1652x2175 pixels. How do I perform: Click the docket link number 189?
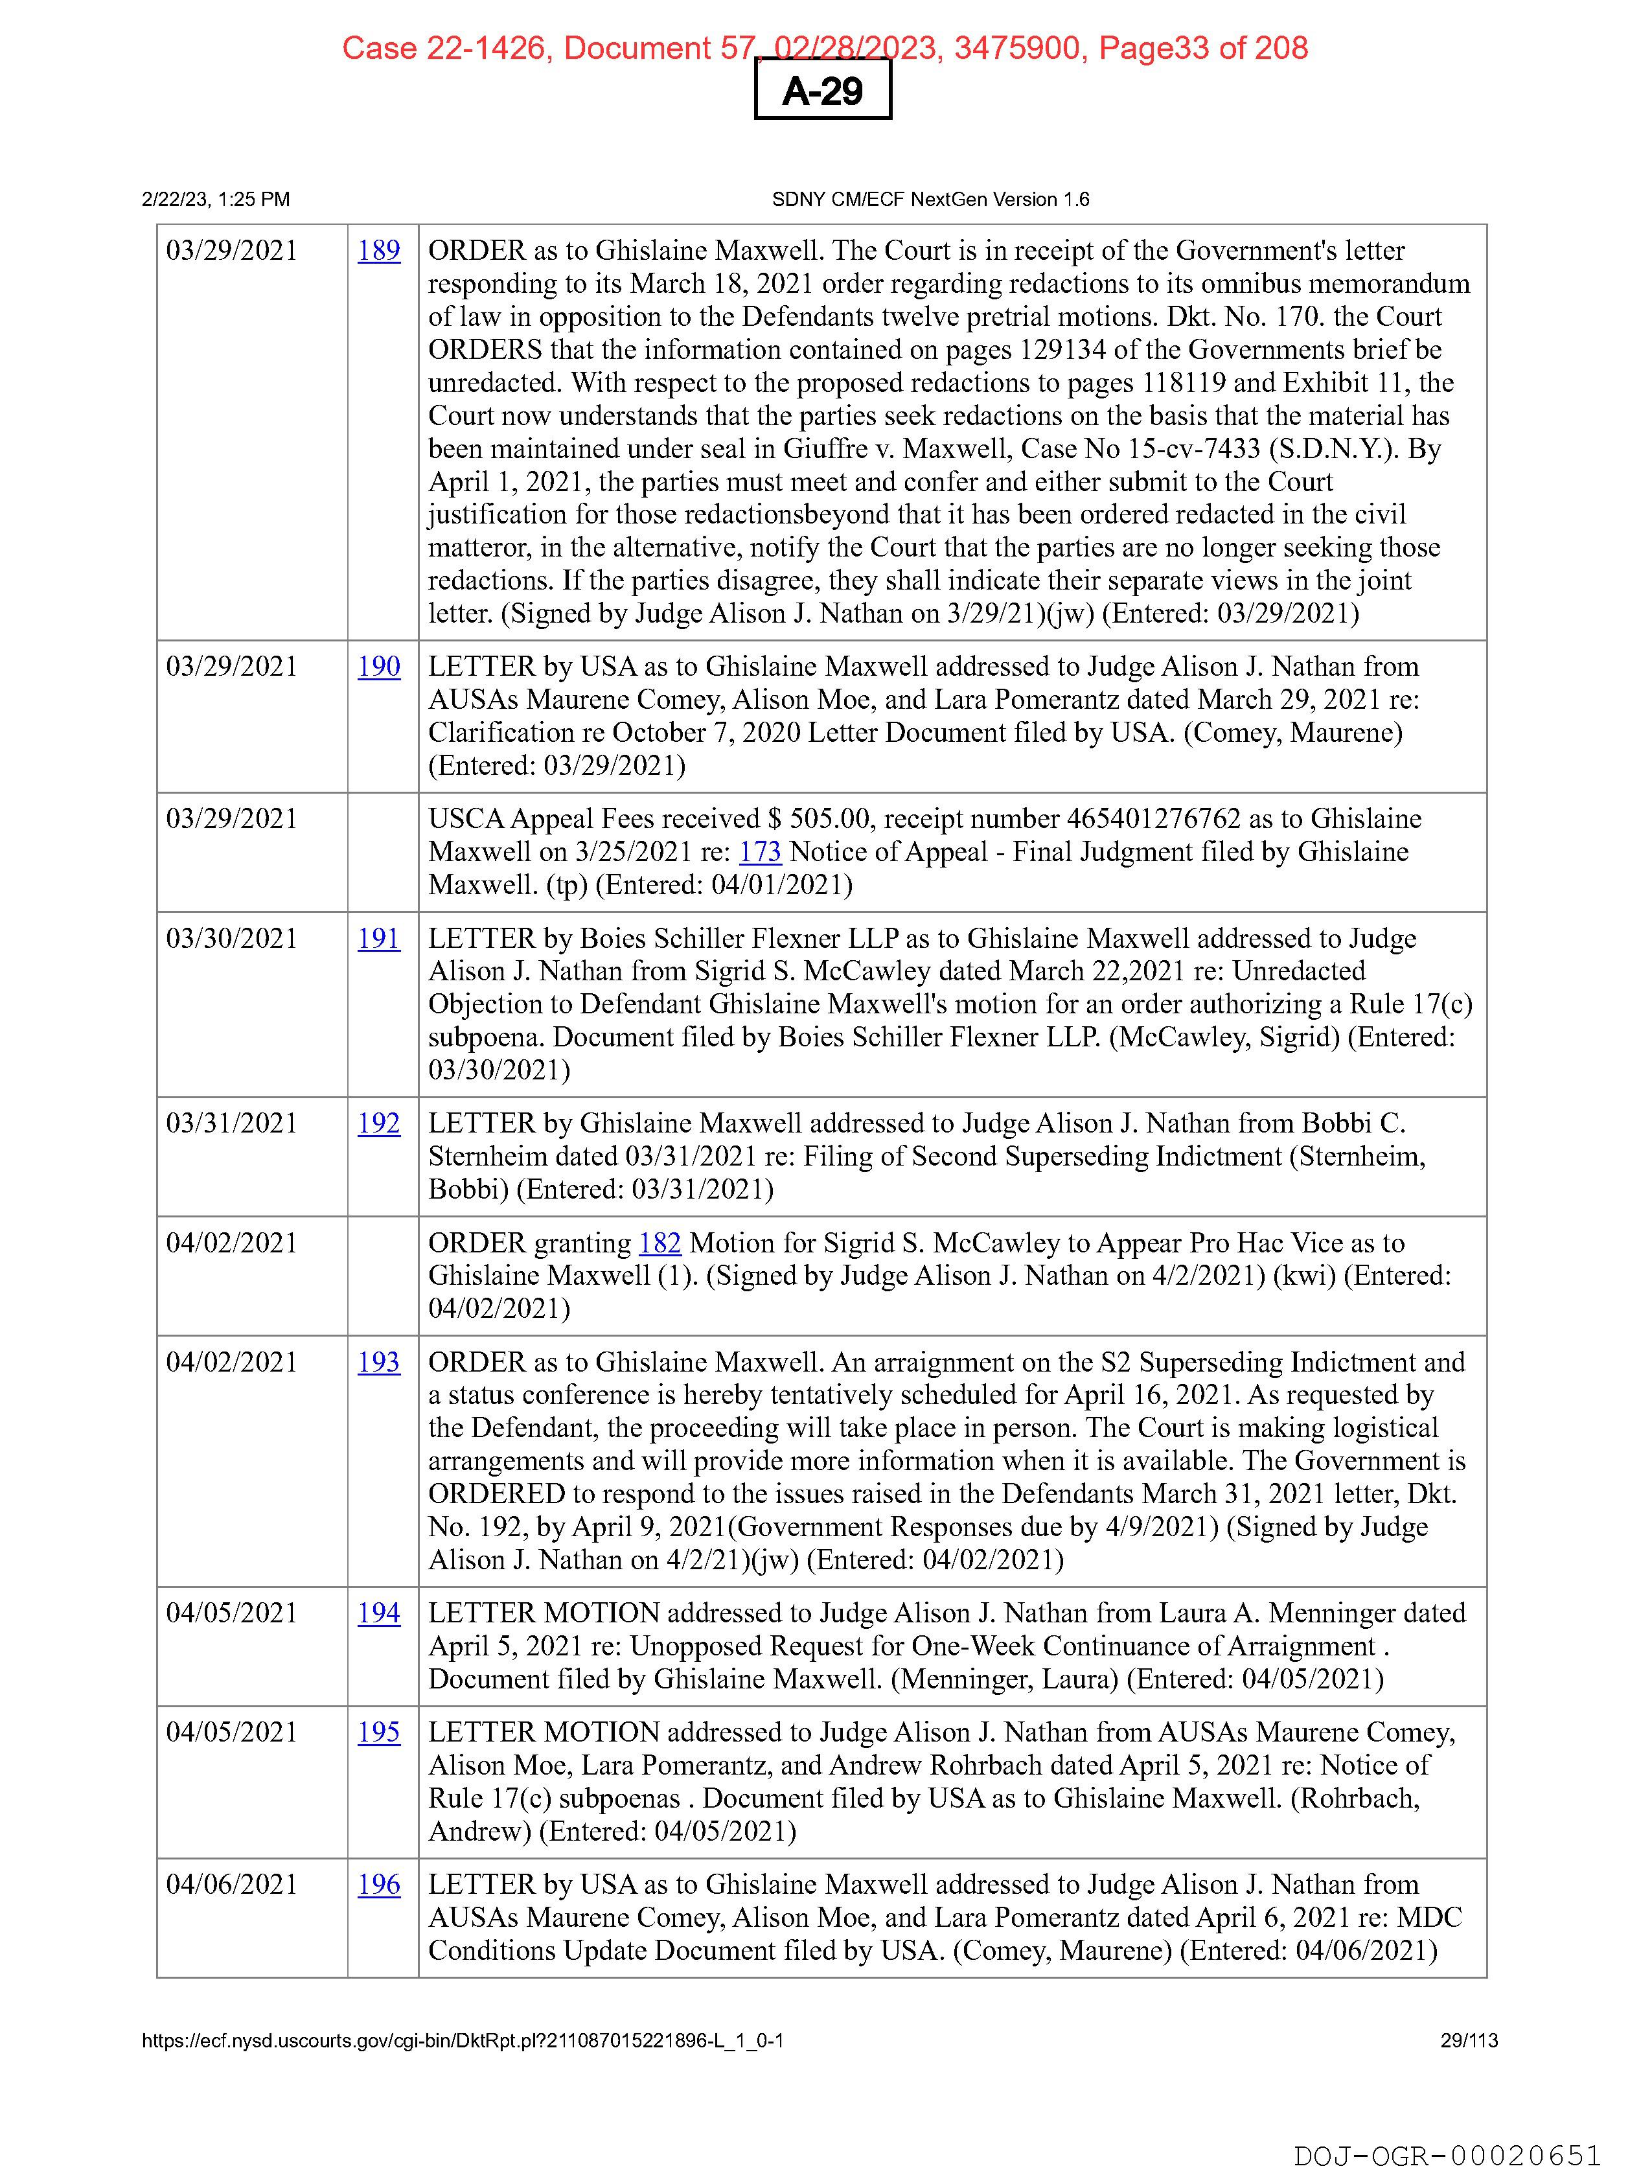[378, 251]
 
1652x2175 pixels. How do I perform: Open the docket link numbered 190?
[378, 667]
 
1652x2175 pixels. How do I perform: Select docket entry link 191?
[378, 938]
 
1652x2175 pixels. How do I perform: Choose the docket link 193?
[378, 1362]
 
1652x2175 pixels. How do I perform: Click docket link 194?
[378, 1613]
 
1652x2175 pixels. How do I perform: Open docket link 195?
[378, 1732]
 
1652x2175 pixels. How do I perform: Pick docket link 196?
[378, 1884]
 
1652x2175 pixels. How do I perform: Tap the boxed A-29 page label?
[823, 91]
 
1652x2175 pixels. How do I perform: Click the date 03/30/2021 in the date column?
[232, 938]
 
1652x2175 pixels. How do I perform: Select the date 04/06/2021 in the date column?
[232, 1884]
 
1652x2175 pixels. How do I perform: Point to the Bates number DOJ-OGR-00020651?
[1447, 2156]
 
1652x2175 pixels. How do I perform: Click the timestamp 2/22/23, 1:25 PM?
[216, 200]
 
